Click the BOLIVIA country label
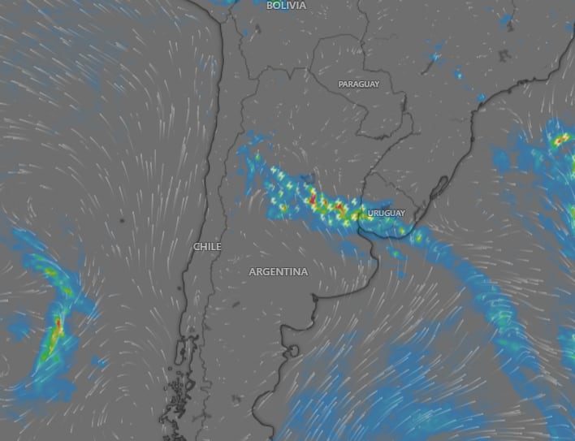click(x=286, y=5)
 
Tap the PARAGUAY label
click(x=359, y=84)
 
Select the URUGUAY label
click(x=386, y=213)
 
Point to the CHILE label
click(x=207, y=246)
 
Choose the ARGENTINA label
click(x=279, y=271)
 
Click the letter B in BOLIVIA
click(x=270, y=5)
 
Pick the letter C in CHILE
click(x=196, y=246)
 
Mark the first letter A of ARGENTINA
click(x=253, y=271)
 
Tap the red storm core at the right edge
click(x=560, y=141)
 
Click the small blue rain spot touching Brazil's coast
click(x=481, y=97)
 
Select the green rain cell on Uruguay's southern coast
click(x=417, y=237)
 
